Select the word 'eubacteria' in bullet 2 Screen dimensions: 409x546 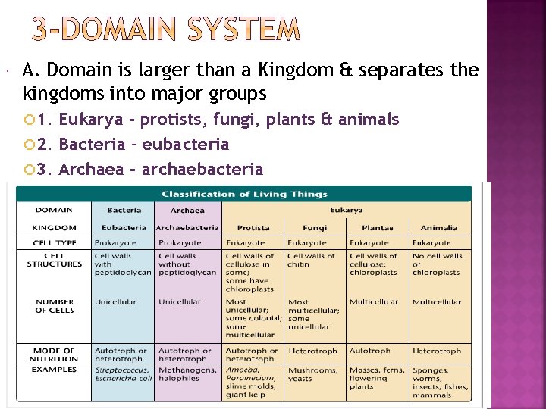point(186,144)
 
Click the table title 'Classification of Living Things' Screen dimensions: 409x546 point(244,195)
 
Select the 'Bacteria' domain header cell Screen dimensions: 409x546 point(124,210)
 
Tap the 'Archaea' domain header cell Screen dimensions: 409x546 point(187,210)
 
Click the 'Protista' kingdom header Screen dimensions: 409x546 point(253,227)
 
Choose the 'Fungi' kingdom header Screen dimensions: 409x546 point(315,227)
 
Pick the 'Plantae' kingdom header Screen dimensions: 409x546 point(377,227)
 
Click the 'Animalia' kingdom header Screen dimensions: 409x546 point(439,227)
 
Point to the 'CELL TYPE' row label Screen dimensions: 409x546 point(55,243)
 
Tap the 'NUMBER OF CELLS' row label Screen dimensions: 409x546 point(55,306)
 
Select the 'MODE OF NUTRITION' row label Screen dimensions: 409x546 point(55,354)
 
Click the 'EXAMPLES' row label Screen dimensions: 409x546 point(55,370)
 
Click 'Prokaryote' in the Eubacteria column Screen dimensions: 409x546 point(115,243)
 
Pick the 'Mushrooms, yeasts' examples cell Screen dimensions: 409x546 point(312,374)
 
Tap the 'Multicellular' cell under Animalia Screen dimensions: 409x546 point(436,302)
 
